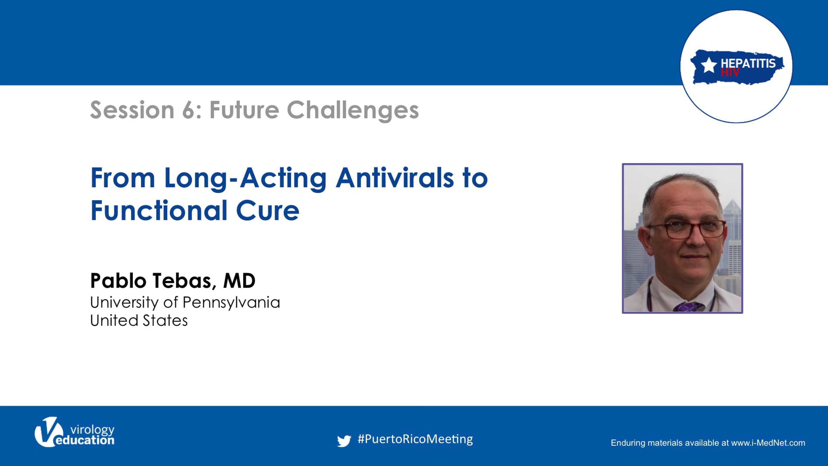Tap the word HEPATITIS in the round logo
pos(748,63)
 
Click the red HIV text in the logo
pos(730,72)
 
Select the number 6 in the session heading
pos(188,110)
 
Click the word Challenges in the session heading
pos(353,110)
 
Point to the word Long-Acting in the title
pos(245,179)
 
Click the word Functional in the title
pos(159,210)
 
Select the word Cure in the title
pos(268,211)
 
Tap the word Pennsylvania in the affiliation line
pos(231,303)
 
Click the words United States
pos(139,320)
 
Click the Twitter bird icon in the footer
pos(344,441)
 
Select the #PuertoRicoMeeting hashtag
pos(415,439)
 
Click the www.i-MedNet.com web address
pos(768,443)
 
